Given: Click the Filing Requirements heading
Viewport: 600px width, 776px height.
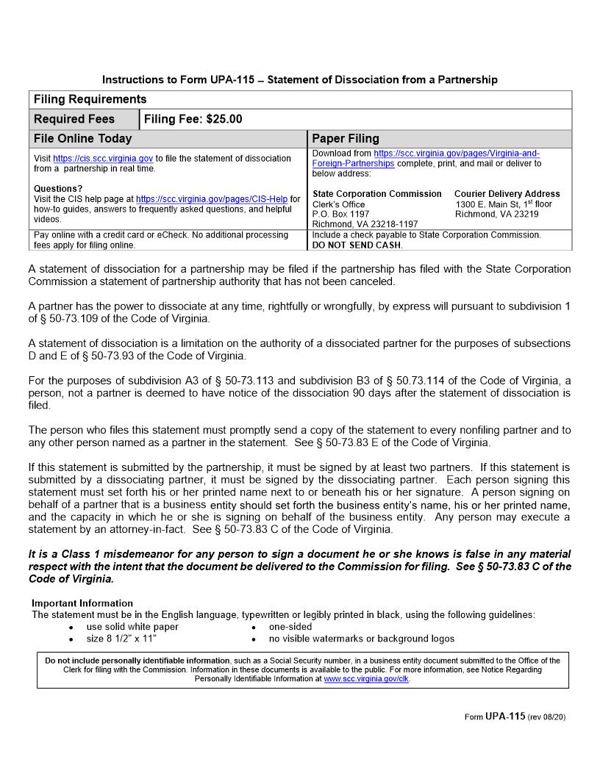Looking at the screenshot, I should click(x=90, y=99).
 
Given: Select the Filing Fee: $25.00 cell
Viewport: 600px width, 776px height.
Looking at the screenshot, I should click(x=193, y=119).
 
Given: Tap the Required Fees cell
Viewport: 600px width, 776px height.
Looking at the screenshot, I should click(x=74, y=119).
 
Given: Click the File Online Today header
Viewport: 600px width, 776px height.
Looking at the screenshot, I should click(x=83, y=138).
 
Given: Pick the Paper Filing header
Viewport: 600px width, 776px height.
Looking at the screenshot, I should click(x=346, y=138).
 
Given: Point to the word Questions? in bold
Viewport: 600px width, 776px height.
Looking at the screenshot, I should click(x=58, y=189).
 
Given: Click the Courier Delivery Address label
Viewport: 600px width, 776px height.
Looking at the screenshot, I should click(x=507, y=194).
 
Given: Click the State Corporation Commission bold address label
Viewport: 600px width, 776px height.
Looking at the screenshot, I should click(x=377, y=194).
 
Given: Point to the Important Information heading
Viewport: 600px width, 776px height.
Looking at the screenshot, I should click(x=82, y=603).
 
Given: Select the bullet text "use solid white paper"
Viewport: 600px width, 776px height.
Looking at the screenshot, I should click(x=132, y=627).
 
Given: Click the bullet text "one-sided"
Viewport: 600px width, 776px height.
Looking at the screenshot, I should click(x=290, y=627).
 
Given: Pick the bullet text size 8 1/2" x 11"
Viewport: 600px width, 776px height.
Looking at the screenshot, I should click(x=121, y=639).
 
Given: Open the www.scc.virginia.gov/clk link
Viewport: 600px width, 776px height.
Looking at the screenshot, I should click(x=366, y=679).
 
